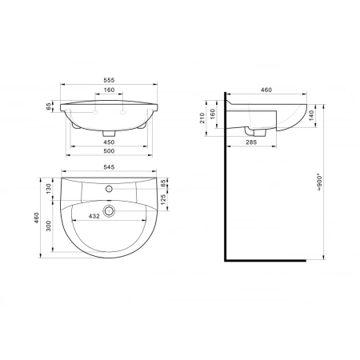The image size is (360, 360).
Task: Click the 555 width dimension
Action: point(109,80)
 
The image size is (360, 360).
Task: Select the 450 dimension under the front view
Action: point(109,142)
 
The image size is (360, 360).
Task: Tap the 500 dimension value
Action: point(109,151)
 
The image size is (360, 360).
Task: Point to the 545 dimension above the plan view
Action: point(109,167)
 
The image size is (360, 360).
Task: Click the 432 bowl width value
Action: point(94,216)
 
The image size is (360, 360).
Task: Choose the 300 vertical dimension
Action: point(49,226)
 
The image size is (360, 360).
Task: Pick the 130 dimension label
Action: point(49,189)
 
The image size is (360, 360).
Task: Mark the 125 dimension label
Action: point(163,199)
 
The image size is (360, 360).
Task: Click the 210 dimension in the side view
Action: point(202,118)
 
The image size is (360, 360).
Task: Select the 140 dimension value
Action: point(311,115)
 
